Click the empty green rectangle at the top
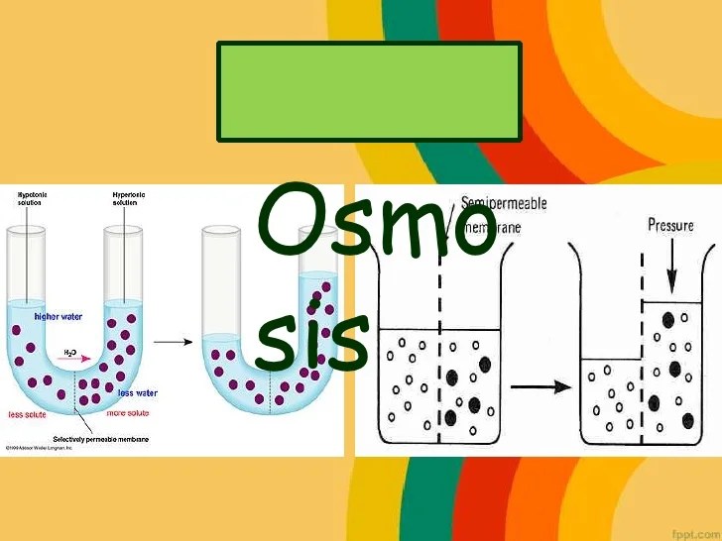pyautogui.click(x=369, y=90)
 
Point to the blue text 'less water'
pyautogui.click(x=138, y=393)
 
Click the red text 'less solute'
pyautogui.click(x=30, y=414)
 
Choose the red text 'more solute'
pyautogui.click(x=127, y=413)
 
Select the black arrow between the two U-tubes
pyautogui.click(x=175, y=342)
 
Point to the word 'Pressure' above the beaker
pyautogui.click(x=670, y=225)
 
